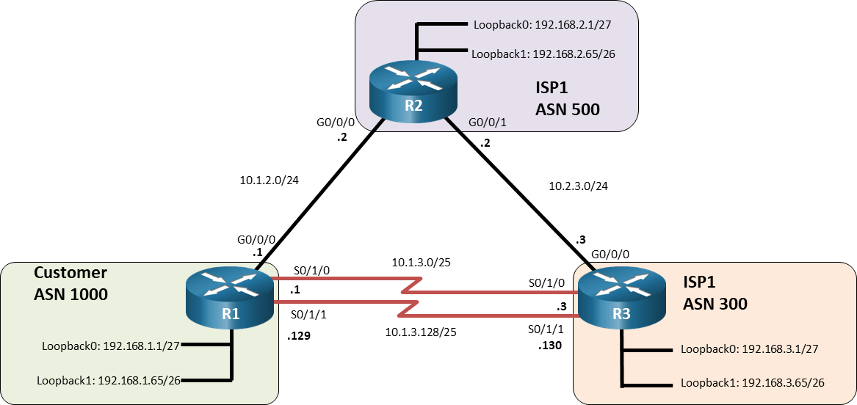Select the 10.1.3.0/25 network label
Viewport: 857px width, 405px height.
(422, 262)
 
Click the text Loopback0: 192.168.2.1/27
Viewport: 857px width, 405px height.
(541, 24)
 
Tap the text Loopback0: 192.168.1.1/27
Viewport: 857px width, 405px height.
(115, 345)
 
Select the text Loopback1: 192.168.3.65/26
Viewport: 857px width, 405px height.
(752, 382)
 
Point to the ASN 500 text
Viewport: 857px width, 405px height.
(567, 110)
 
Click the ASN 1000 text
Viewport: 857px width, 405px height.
(71, 296)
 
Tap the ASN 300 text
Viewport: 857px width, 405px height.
(715, 303)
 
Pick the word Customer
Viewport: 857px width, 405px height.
(70, 273)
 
